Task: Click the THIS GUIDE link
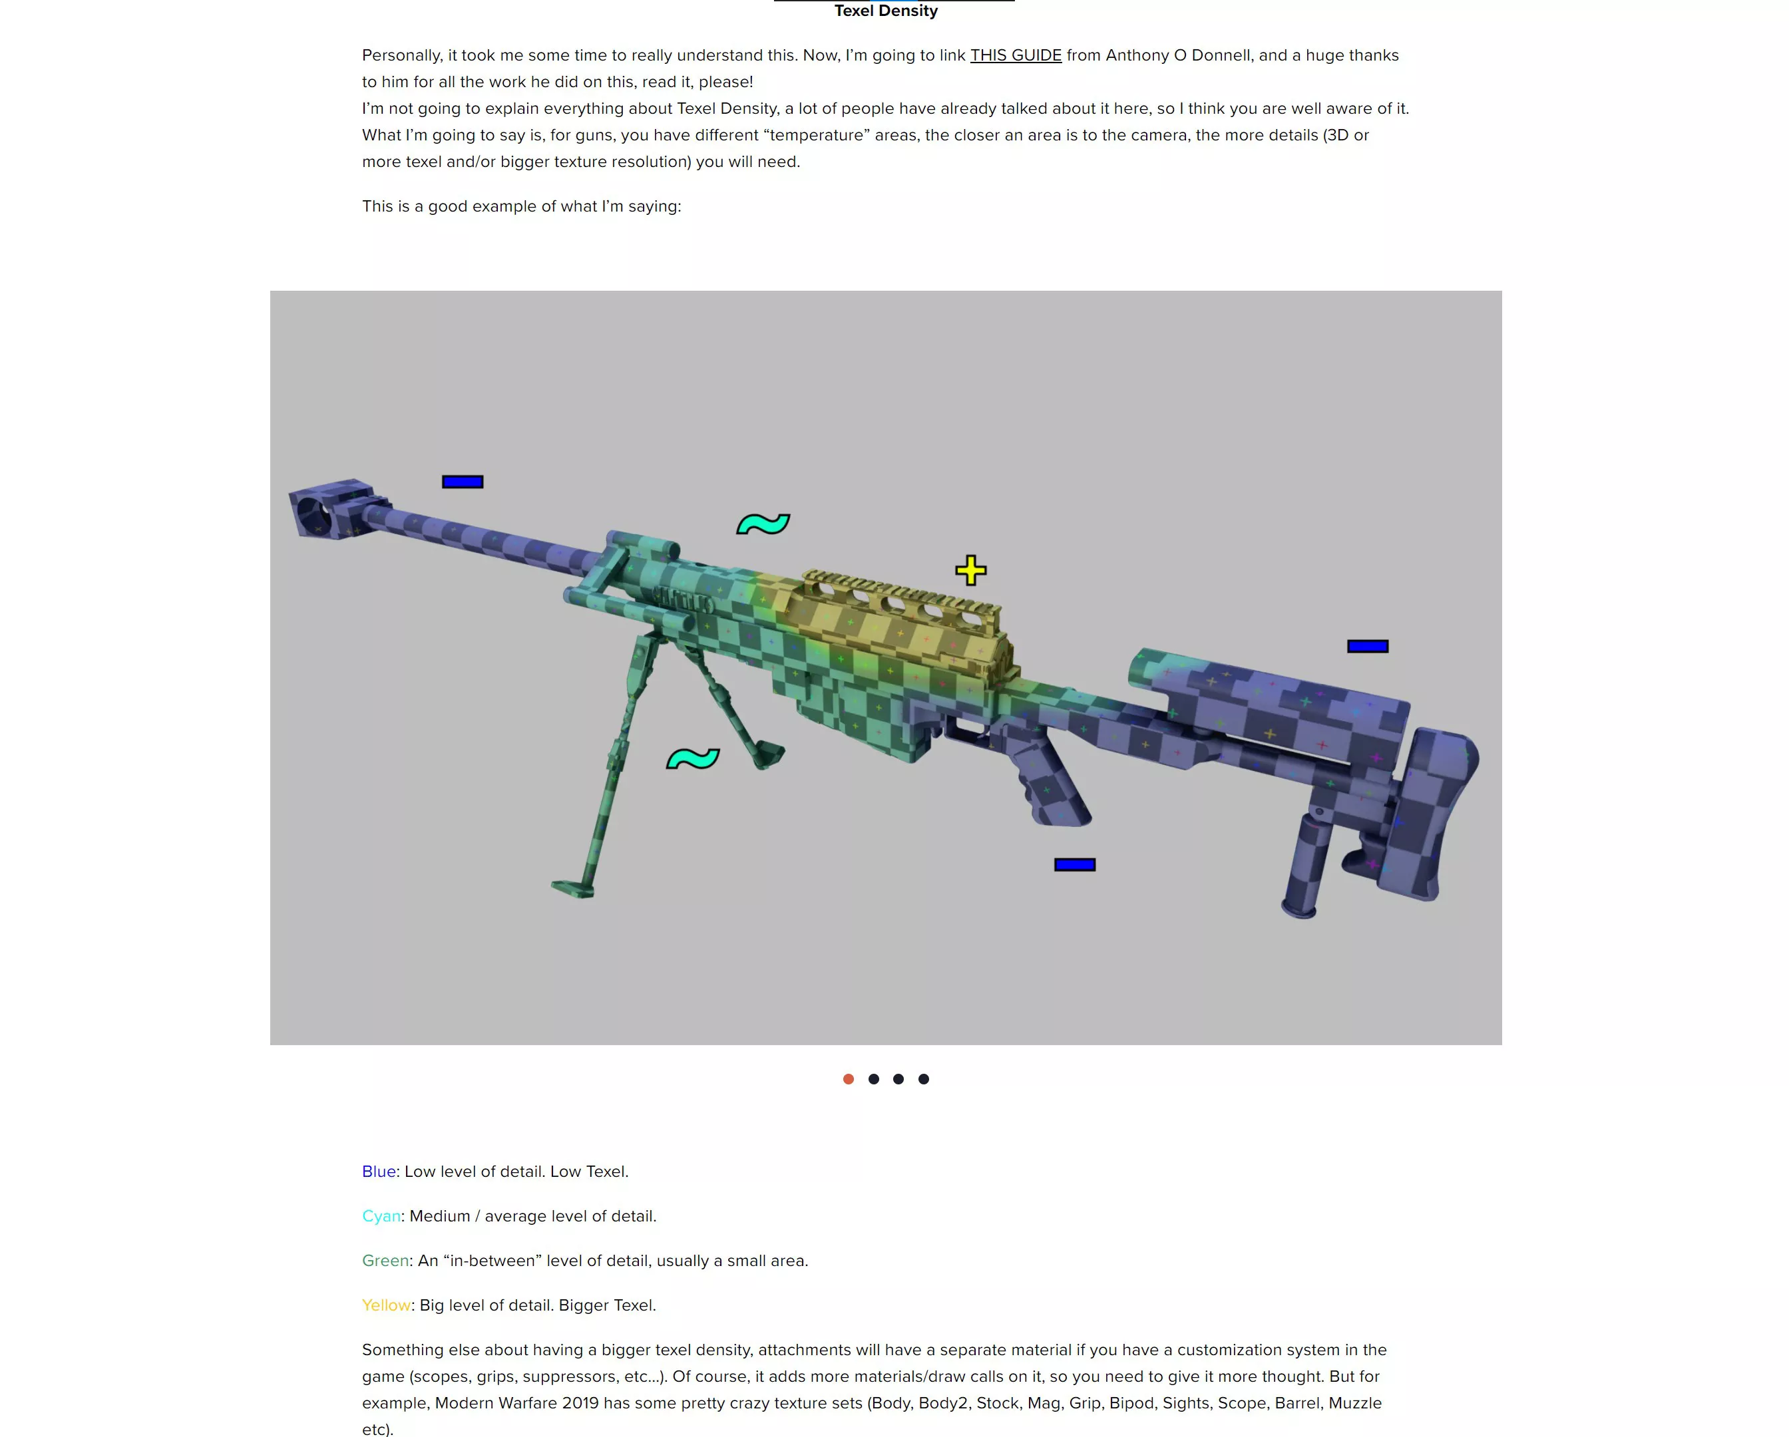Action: (1015, 56)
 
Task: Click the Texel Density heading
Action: (885, 11)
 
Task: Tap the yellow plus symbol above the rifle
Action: (970, 570)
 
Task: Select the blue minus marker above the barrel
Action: (462, 482)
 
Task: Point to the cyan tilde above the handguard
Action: (763, 524)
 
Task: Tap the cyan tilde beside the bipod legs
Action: (692, 758)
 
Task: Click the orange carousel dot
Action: (848, 1078)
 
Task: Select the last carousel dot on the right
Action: (924, 1078)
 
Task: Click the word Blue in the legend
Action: (379, 1172)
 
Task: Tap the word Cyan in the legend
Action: (381, 1215)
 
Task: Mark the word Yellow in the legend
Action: (386, 1305)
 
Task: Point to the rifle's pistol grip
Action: (1054, 780)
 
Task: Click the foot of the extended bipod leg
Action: (574, 889)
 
